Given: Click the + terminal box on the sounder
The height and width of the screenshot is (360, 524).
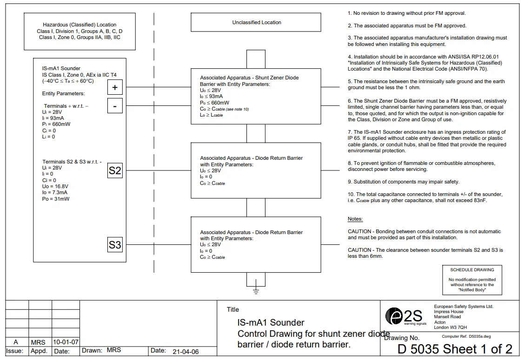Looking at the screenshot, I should coord(115,87).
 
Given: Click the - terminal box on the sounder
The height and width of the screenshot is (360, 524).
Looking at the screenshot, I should coord(115,106).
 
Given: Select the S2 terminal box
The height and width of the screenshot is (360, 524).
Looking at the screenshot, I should coord(115,170).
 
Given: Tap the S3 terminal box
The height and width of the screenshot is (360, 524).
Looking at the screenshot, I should coord(115,244).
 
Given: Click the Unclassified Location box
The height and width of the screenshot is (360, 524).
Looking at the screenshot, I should coord(256,22).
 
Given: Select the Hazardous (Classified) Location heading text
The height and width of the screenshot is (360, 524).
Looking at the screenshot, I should coord(80,25).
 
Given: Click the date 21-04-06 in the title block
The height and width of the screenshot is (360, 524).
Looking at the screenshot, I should coord(185,352).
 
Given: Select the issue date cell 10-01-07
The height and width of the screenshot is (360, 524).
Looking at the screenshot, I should coord(66,342).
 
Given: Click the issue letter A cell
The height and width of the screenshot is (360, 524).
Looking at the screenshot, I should coord(16,342).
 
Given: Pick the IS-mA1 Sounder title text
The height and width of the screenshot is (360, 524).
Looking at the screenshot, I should coord(271,322).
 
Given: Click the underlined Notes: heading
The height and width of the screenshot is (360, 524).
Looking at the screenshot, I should coord(355,219).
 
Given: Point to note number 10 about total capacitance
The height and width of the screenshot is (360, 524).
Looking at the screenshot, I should coord(425,197).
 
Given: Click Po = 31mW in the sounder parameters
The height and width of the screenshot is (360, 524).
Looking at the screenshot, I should coord(55,199).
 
